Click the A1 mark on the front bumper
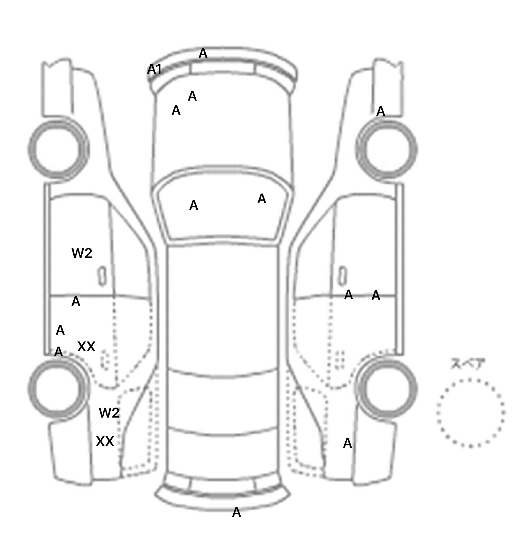coord(154,69)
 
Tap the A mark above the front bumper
coord(203,54)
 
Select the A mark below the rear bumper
coord(236,512)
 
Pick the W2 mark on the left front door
coord(82,253)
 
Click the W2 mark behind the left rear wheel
coord(109,413)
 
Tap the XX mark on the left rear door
coord(86,346)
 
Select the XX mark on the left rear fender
coord(105,441)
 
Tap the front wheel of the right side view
coord(386,149)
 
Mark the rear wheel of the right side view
coord(387,388)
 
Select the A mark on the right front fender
coord(381,112)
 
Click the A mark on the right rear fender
coord(347,443)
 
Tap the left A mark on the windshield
coord(194,206)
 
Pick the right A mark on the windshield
coord(262,199)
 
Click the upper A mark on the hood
coord(192,96)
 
